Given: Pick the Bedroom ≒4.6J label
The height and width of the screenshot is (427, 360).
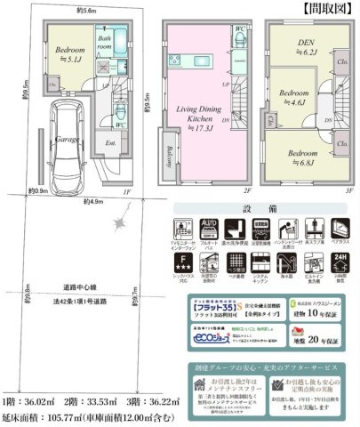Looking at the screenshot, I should click(x=292, y=97).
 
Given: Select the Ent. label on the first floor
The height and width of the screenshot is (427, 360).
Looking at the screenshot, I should click(x=111, y=142).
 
